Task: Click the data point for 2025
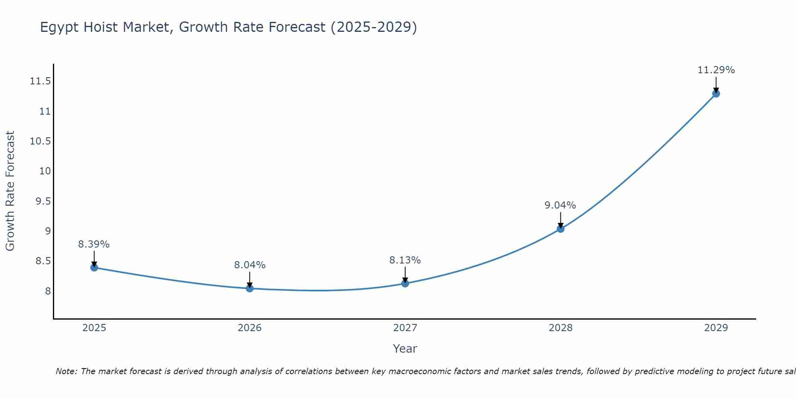[x=94, y=267]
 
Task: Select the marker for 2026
[x=250, y=289]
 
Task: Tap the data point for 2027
[x=405, y=283]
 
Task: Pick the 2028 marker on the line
[x=560, y=229]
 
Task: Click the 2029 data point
[x=716, y=94]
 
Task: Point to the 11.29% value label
[x=716, y=70]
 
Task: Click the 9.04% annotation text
[x=560, y=205]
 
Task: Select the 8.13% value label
[x=405, y=260]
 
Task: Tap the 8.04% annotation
[x=250, y=265]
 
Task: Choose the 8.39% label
[x=94, y=244]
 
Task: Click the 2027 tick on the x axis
[x=405, y=328]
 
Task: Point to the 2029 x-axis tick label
[x=716, y=328]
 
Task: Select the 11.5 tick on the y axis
[x=40, y=82]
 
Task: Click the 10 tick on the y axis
[x=45, y=171]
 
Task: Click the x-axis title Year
[x=405, y=349]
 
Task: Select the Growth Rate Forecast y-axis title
[x=10, y=191]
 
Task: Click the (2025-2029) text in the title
[x=374, y=27]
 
